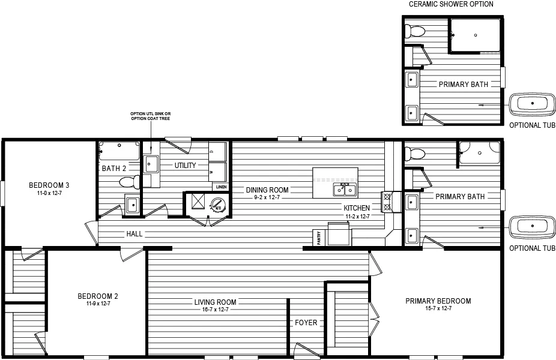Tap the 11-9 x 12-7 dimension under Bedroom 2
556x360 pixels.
[98, 304]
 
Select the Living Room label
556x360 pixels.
[215, 302]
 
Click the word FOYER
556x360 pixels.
[306, 323]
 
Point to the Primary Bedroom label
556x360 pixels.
[438, 301]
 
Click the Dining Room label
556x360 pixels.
[267, 190]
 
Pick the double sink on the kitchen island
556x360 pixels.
[345, 190]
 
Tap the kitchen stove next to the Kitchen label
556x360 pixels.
[387, 202]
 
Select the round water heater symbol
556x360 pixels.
[216, 205]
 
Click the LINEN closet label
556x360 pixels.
[220, 187]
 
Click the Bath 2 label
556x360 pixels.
[113, 169]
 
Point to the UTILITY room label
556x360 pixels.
[185, 165]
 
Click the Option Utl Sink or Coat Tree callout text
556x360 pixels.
[150, 116]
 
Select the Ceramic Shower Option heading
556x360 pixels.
[451, 4]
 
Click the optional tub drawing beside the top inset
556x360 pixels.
[532, 104]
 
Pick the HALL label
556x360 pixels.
[134, 234]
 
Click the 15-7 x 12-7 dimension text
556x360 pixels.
[438, 308]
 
